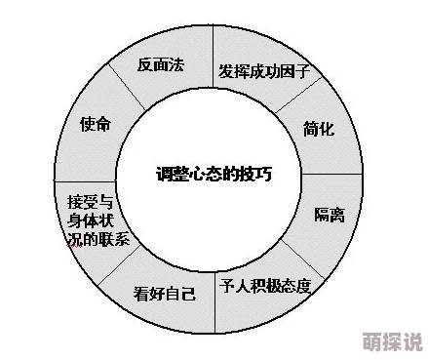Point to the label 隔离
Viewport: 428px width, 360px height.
coord(329,214)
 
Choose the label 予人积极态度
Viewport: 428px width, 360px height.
coord(266,286)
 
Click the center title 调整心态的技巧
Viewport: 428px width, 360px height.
coord(214,176)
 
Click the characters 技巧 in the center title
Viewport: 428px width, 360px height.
coord(254,176)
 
